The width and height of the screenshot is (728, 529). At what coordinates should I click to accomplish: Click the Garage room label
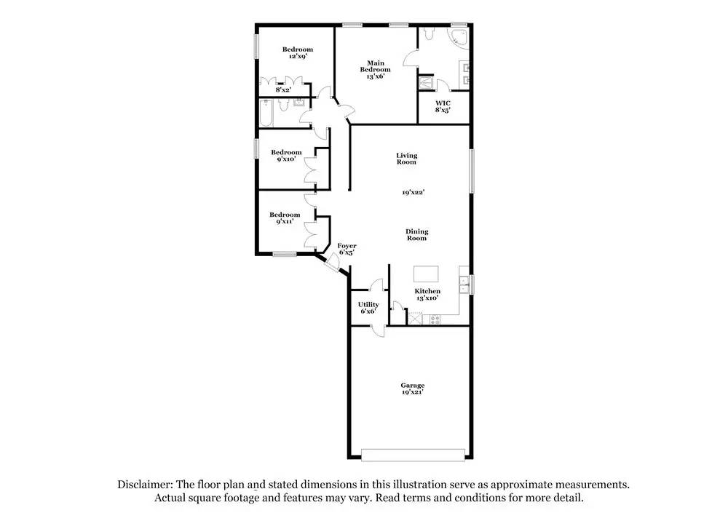(x=412, y=389)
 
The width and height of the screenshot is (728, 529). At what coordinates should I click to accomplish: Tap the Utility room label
(x=368, y=307)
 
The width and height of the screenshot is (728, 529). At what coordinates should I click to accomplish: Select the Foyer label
(x=347, y=249)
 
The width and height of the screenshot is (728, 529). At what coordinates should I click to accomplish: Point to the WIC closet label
(x=443, y=106)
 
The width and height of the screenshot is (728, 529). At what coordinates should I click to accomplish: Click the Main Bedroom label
(x=376, y=69)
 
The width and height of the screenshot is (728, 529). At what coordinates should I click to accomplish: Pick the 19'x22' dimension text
(x=413, y=193)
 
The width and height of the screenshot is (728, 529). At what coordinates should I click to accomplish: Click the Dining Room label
(x=417, y=234)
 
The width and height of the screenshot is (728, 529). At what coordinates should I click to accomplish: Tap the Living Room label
(x=407, y=158)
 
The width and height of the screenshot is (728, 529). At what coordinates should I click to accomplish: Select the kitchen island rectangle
(x=427, y=274)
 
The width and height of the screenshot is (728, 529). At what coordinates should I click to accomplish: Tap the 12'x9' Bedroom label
(x=298, y=52)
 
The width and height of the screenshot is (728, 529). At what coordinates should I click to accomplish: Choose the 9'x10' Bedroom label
(x=286, y=156)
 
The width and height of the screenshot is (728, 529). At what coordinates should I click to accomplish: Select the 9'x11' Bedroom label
(x=285, y=218)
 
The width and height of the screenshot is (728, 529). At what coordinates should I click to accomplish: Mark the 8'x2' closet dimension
(x=282, y=90)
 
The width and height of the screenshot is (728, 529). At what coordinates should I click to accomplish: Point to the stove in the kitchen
(x=435, y=319)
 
